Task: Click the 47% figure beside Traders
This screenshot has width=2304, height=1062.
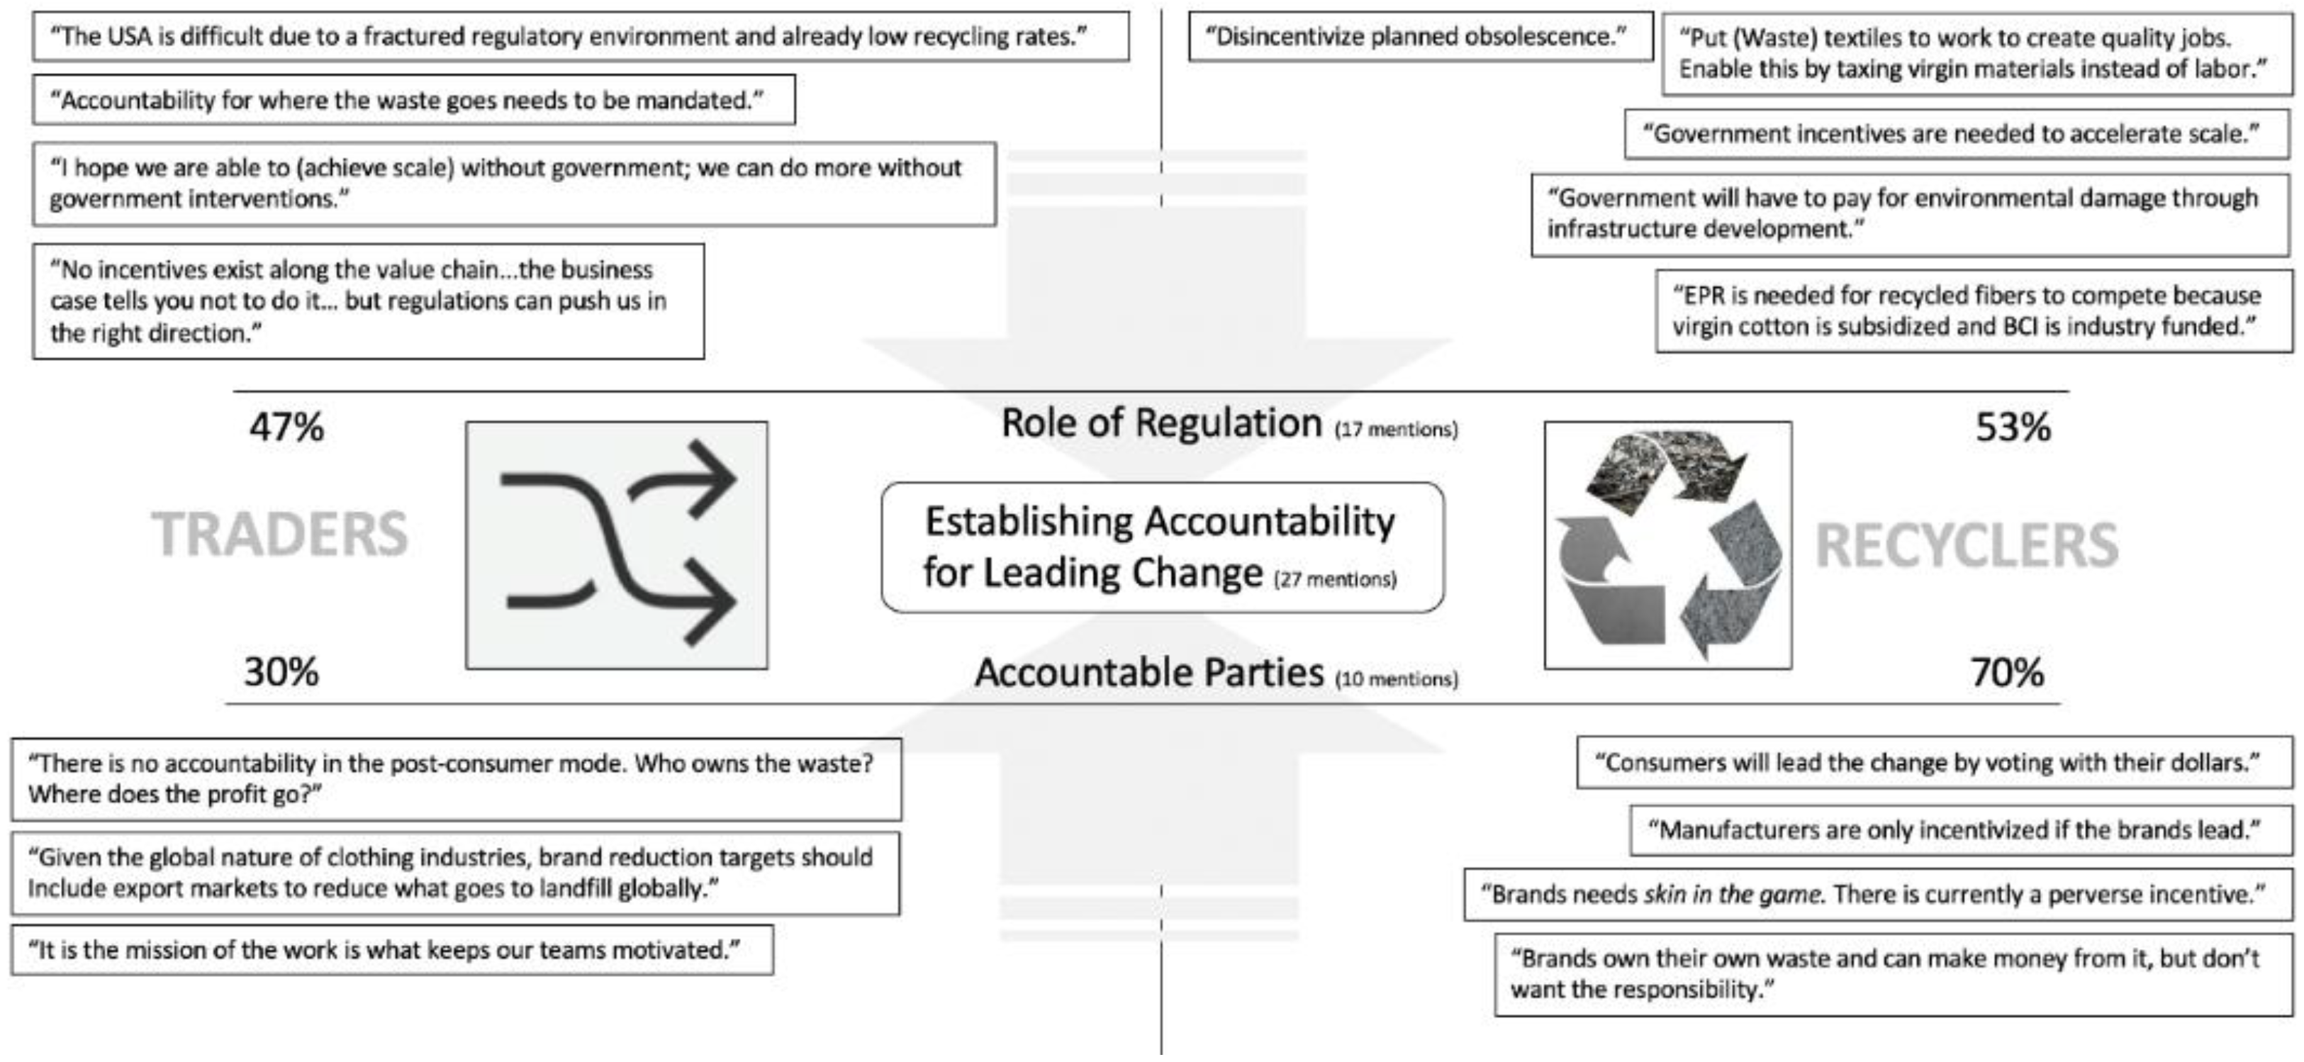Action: [286, 427]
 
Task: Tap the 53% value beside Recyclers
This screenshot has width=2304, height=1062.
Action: [2013, 427]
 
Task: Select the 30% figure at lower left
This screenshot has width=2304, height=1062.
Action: [281, 672]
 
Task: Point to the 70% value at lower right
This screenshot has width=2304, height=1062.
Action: [2007, 672]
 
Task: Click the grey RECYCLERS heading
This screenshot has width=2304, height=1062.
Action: [1967, 545]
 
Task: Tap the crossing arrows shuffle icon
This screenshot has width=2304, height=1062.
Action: [617, 544]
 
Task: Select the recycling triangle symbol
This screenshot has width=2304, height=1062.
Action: [1668, 546]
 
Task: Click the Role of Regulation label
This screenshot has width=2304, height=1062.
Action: [1161, 423]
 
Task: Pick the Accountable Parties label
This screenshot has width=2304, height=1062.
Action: [1148, 673]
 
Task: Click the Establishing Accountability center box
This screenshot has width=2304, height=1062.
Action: [1161, 547]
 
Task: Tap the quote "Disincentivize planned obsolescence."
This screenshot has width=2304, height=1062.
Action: [1419, 37]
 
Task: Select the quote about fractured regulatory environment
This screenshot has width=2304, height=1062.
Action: [580, 37]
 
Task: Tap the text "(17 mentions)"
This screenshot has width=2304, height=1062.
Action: [1396, 430]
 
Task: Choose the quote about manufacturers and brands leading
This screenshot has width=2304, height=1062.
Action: [1961, 830]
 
